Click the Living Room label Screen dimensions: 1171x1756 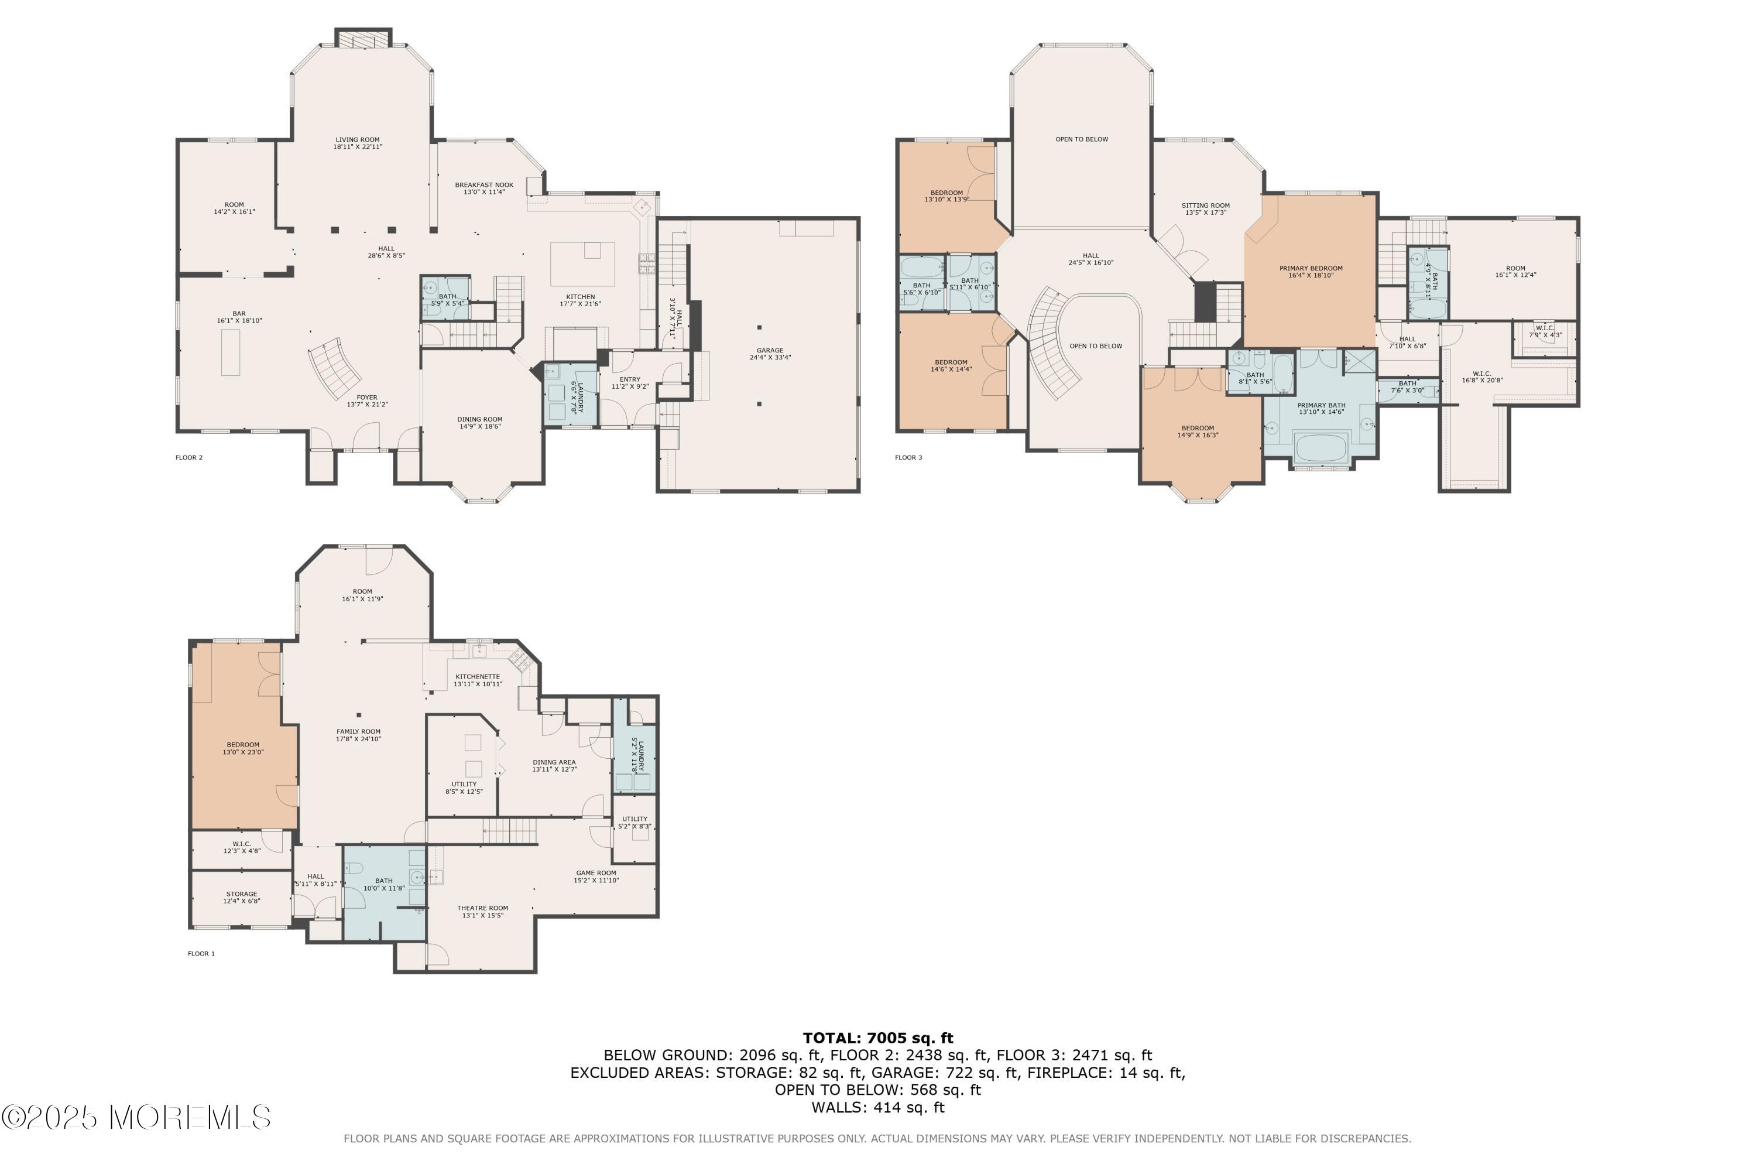click(358, 143)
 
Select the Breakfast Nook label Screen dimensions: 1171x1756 click(484, 188)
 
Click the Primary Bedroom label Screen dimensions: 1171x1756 click(1311, 272)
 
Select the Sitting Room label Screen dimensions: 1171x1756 click(1205, 209)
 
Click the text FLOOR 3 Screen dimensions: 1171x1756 click(908, 458)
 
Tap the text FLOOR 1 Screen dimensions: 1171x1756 click(201, 954)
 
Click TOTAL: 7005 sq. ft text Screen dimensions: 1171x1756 click(877, 1038)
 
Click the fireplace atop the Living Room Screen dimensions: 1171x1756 click(363, 38)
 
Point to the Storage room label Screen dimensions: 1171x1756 click(241, 898)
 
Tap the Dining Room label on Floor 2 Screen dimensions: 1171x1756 click(479, 423)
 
